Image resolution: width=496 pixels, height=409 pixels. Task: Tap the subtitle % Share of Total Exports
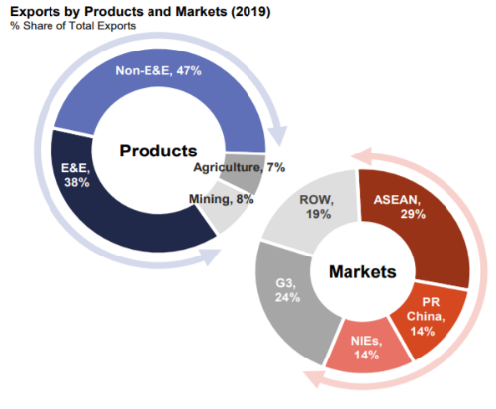73,26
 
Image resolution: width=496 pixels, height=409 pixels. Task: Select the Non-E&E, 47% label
158,70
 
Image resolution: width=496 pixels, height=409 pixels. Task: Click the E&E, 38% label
76,175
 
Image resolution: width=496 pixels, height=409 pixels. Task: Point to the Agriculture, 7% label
240,167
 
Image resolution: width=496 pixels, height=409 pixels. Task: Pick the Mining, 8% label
222,199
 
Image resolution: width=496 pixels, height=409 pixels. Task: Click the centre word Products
158,151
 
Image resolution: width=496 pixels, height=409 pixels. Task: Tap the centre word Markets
362,272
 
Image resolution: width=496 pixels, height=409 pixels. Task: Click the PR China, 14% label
426,317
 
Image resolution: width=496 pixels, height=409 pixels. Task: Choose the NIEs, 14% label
366,348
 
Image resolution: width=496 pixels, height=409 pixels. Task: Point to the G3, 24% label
287,290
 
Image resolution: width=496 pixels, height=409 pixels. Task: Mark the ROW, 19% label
317,207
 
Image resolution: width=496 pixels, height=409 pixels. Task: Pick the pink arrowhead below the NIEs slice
314,378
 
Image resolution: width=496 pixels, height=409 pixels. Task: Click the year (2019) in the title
250,12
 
